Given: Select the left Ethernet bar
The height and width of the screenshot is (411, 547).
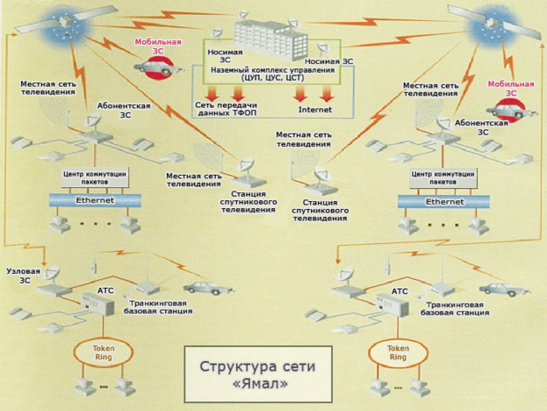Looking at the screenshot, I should [x=93, y=201].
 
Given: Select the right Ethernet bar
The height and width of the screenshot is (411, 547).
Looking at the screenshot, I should [x=444, y=201].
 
